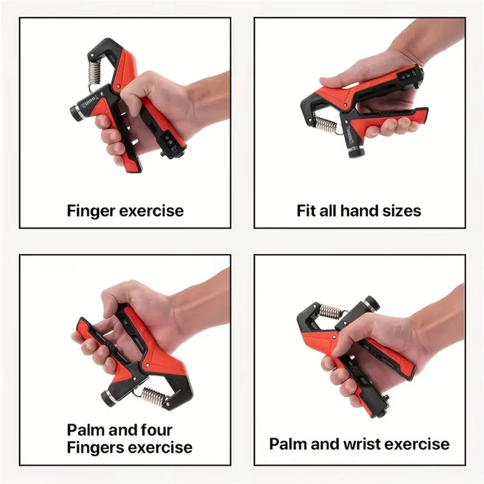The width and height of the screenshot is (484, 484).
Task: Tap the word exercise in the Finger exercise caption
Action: [151, 211]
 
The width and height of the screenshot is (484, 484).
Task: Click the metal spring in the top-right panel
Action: [327, 126]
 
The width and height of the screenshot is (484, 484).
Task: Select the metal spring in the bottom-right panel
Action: [331, 312]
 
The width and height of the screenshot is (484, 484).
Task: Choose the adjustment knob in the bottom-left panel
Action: [110, 397]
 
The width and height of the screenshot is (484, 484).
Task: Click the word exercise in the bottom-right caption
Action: [417, 444]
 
